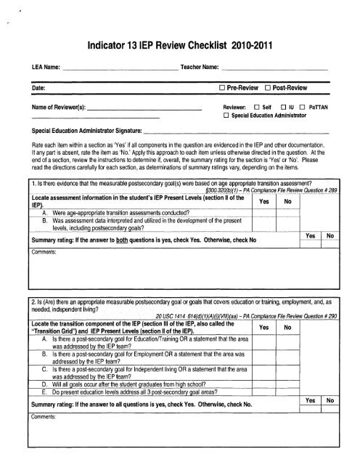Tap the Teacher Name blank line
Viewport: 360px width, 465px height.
[275, 68]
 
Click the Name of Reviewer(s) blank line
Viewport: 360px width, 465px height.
[144, 109]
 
